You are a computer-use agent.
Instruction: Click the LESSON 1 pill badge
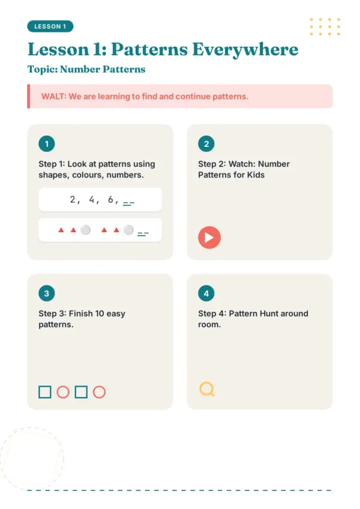50,26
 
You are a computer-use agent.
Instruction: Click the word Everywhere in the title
245,50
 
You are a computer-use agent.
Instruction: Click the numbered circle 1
46,144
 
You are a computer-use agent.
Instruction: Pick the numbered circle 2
206,144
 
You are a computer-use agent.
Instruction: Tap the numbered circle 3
46,293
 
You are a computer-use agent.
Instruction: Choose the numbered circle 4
206,293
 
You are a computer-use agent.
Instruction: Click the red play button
209,237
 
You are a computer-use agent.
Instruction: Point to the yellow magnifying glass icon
206,389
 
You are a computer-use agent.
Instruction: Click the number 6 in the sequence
110,199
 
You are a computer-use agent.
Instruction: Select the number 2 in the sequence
73,199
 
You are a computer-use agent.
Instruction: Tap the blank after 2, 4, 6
128,204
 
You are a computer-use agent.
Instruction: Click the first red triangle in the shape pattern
61,230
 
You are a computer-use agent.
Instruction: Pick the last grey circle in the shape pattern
128,230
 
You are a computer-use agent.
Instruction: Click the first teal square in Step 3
45,392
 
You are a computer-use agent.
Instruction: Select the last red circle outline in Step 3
100,392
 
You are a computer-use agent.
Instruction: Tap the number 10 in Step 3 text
100,314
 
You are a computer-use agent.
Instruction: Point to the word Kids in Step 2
256,175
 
